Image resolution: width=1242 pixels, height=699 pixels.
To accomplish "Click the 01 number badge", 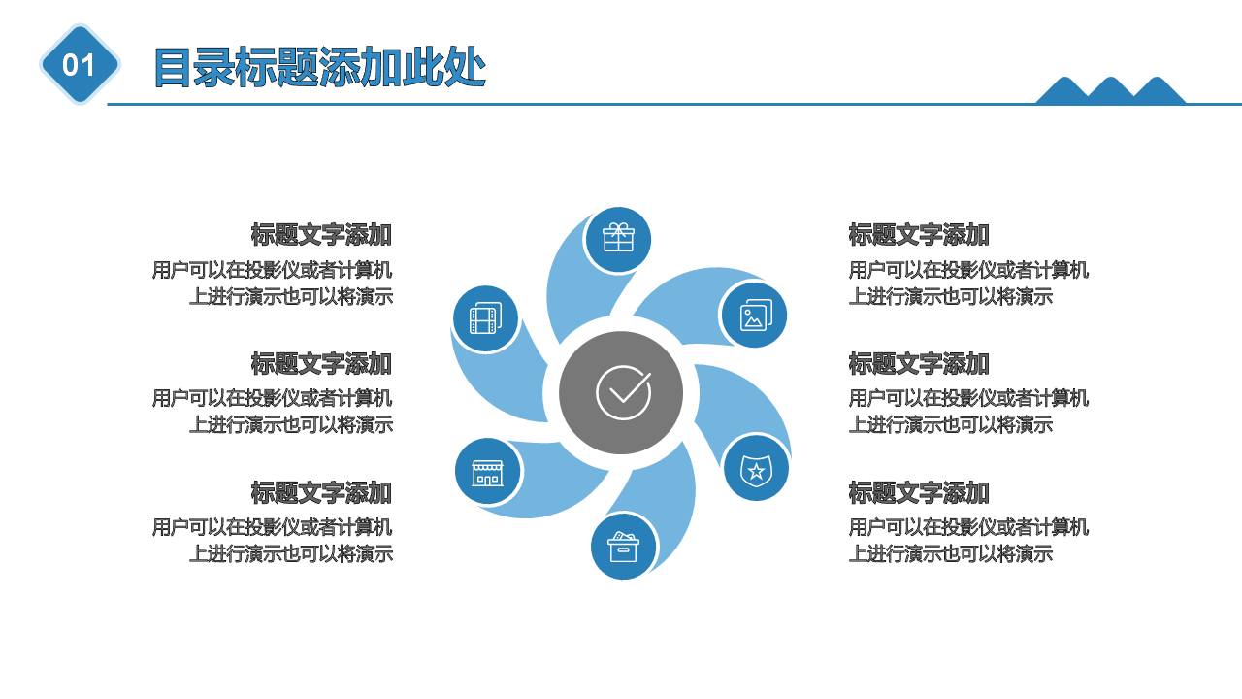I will [x=80, y=65].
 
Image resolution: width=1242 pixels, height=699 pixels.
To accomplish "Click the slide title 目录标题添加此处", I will [x=319, y=68].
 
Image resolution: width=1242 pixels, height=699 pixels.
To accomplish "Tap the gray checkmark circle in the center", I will [x=622, y=393].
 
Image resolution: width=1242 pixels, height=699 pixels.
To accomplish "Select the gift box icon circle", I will [x=618, y=239].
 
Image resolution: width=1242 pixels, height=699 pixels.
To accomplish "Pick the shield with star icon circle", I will [x=755, y=470].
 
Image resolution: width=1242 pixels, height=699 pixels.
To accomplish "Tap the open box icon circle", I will [x=623, y=547].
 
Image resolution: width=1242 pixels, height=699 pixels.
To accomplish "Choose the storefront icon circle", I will [x=487, y=472].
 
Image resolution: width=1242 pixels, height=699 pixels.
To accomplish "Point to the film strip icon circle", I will [x=485, y=318].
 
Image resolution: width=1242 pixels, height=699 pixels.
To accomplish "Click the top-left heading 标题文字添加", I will [x=321, y=235].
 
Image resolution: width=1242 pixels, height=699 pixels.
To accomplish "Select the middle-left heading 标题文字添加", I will [x=321, y=364].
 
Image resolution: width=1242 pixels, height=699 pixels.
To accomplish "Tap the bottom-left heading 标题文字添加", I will [x=321, y=493].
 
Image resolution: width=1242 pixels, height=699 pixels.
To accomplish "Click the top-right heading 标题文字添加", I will [x=919, y=235].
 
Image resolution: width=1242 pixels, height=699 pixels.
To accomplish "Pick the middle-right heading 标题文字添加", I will [x=919, y=364].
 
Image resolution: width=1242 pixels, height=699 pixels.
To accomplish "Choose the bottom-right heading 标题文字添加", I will [x=919, y=493].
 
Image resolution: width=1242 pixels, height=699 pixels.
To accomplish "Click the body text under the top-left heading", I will [x=273, y=283].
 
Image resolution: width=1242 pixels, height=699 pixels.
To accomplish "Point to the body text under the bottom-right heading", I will [x=968, y=541].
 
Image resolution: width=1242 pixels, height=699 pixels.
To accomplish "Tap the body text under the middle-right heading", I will [x=968, y=412].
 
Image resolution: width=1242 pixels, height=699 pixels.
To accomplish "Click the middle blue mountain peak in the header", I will [x=1111, y=91].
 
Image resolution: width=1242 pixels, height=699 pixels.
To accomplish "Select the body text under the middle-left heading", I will [x=273, y=412].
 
